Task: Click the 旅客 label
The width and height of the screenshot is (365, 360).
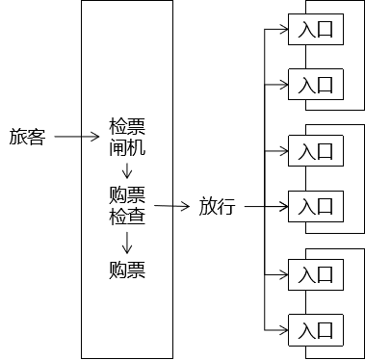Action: [27, 137]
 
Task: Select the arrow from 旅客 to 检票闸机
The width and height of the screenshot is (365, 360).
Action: [77, 137]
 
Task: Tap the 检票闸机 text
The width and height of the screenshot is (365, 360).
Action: [127, 137]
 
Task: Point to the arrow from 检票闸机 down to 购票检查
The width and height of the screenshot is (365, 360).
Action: [127, 170]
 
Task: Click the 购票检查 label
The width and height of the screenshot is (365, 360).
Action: [127, 205]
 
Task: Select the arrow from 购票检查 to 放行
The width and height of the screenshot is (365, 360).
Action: [172, 206]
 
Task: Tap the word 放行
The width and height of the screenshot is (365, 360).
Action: [218, 206]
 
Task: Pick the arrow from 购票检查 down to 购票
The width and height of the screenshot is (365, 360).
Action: [127, 243]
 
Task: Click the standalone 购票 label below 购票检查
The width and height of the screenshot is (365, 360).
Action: [127, 270]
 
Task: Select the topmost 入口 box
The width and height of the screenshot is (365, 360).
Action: [316, 29]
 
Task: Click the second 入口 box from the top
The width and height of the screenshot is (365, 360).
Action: [316, 85]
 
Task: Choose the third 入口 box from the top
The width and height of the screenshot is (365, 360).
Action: [316, 151]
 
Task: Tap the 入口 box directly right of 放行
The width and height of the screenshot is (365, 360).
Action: [316, 206]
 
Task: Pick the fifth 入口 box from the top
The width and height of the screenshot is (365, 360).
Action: [316, 274]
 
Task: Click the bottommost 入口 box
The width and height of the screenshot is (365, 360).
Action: [316, 330]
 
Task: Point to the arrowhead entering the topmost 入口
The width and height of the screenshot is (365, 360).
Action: [284, 30]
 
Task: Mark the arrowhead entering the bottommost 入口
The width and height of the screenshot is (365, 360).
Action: [284, 330]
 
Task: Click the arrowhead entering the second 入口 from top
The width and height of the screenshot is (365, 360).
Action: [284, 85]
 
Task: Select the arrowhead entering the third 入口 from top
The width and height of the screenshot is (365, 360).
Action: [284, 151]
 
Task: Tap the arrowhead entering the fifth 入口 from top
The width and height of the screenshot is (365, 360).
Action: [284, 274]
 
